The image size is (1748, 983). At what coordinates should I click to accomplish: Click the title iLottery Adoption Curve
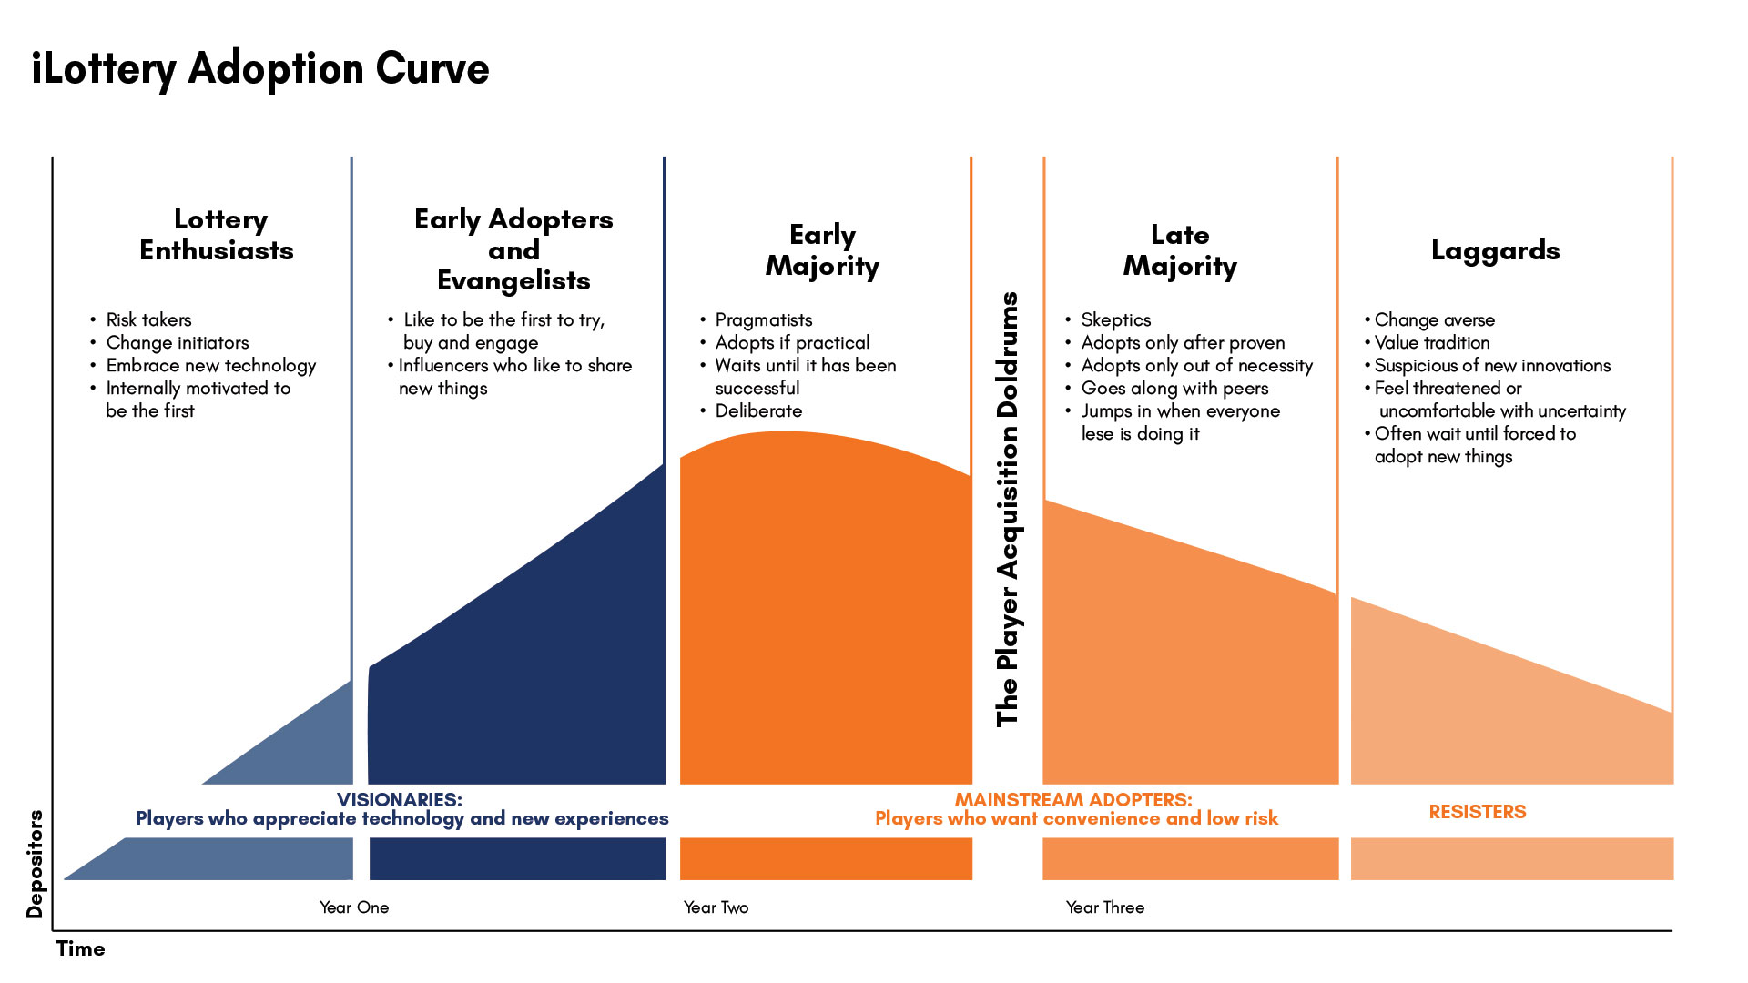(260, 69)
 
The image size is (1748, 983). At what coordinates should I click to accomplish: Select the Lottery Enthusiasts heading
(217, 235)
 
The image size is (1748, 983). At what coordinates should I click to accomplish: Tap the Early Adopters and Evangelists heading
(513, 249)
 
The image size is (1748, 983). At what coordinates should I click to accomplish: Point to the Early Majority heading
(822, 250)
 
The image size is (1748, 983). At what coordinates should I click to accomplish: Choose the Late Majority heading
(1180, 250)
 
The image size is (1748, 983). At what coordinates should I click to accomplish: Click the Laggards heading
(1495, 250)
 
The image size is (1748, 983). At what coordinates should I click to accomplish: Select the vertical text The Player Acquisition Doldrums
(1007, 510)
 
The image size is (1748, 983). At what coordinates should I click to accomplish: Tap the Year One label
(354, 907)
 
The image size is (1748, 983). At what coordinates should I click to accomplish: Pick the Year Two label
(716, 907)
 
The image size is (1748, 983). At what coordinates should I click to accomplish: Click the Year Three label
(1105, 907)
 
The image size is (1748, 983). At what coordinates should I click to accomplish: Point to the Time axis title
(81, 948)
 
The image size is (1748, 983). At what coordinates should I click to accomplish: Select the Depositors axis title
(35, 864)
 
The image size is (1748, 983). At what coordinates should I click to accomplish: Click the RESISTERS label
(1477, 812)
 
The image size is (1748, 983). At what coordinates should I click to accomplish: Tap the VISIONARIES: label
(400, 800)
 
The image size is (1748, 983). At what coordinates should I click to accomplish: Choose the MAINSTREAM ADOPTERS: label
(1073, 800)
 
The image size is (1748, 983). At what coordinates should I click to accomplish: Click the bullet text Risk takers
(148, 319)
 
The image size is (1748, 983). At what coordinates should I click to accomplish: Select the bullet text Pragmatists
(763, 319)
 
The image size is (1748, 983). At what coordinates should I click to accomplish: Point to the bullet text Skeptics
(1115, 319)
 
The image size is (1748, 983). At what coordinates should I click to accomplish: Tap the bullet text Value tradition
(1432, 342)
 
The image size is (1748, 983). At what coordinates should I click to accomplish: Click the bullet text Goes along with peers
(1174, 388)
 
